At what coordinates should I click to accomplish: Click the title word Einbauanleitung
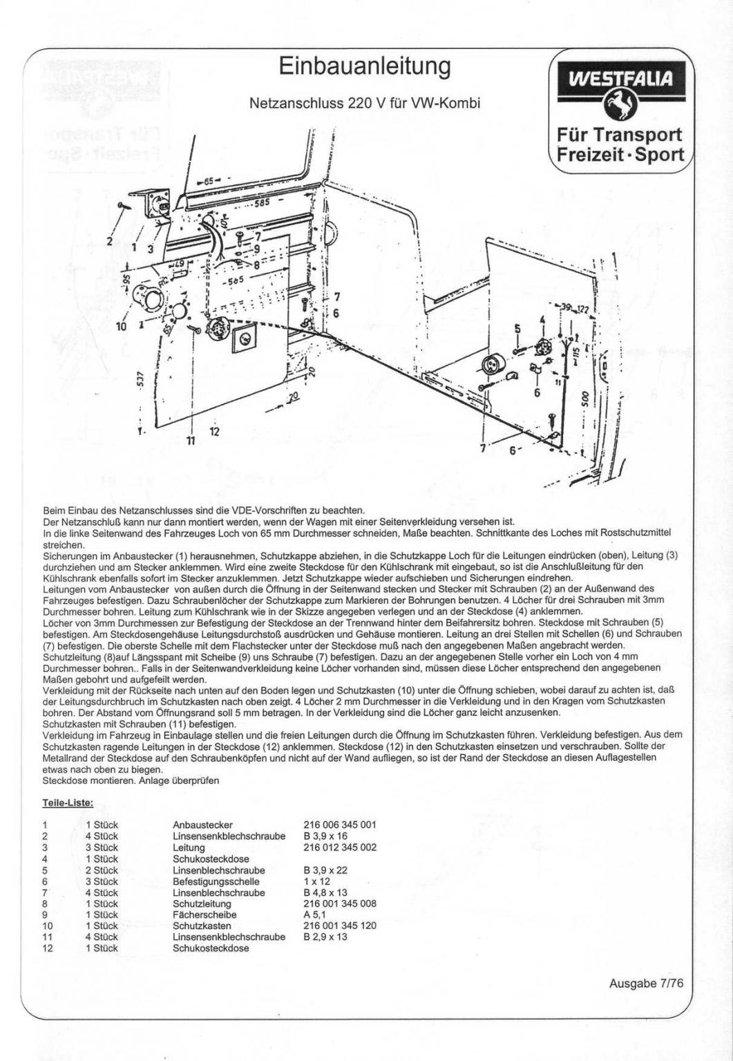[365, 67]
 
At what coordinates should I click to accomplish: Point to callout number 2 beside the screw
[109, 241]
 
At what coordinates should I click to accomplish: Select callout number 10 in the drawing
[122, 325]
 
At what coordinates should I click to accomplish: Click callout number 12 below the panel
[214, 431]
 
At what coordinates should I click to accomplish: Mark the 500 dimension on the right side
[586, 401]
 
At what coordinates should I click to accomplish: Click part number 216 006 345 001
[339, 825]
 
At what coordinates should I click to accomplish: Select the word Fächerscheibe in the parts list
[204, 915]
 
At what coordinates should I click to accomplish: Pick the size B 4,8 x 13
[325, 892]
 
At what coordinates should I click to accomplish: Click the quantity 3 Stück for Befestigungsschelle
[102, 881]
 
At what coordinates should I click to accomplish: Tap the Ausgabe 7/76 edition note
[645, 984]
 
